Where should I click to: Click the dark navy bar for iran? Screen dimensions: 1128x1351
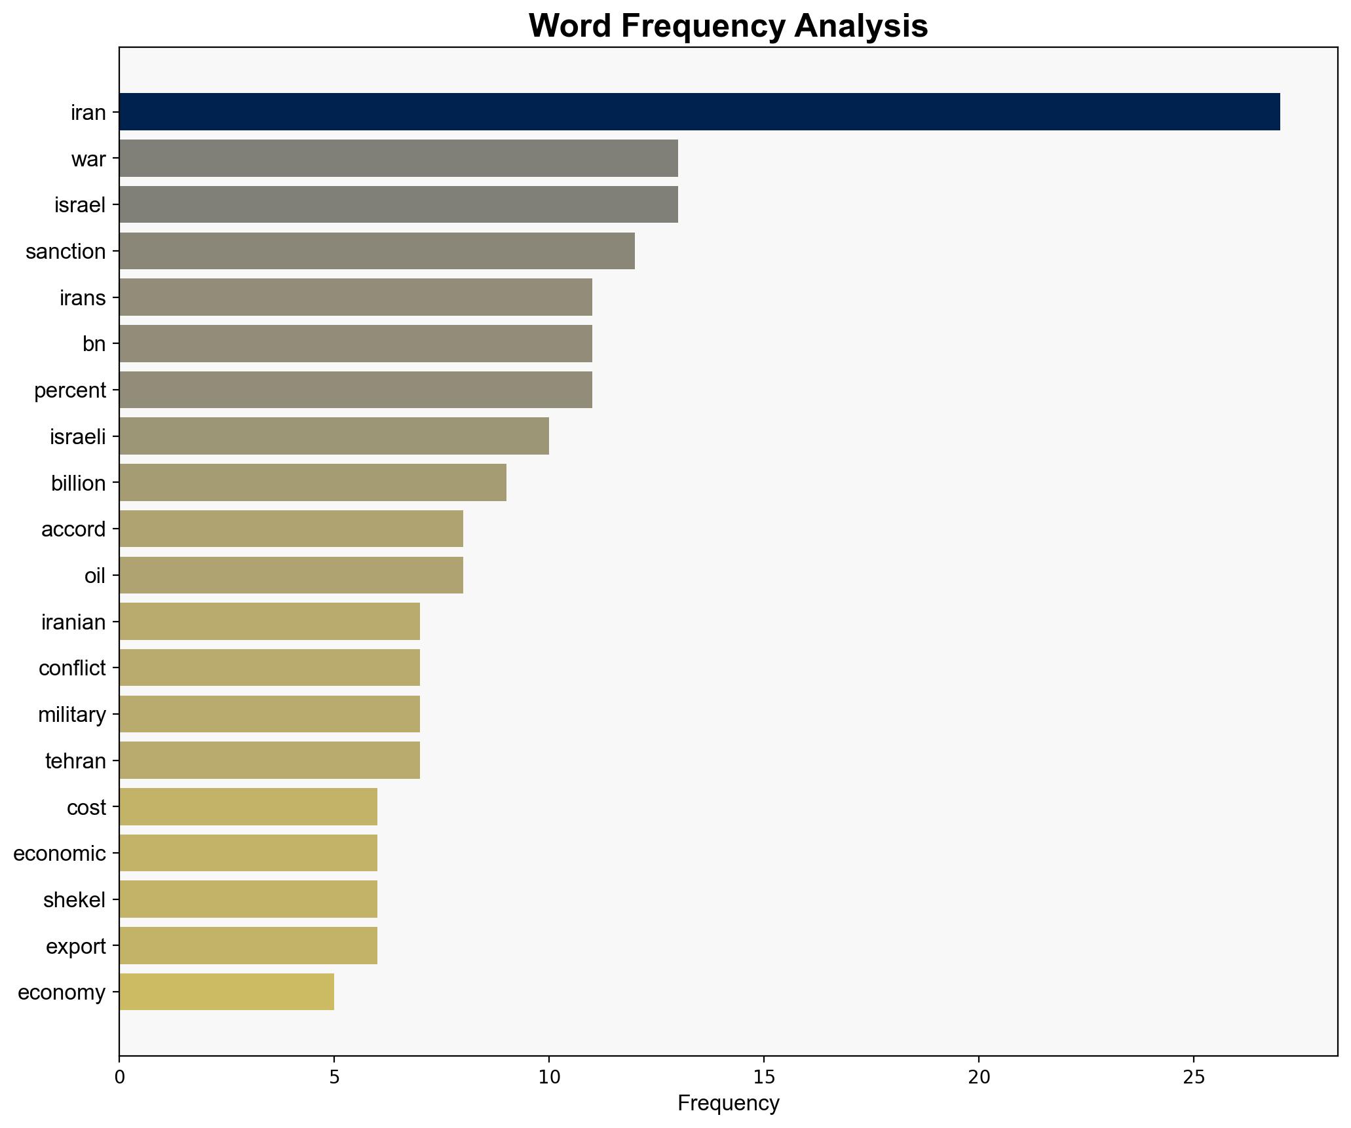(x=699, y=112)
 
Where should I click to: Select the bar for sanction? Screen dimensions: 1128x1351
(x=377, y=251)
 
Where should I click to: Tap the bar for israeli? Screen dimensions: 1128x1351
(x=334, y=436)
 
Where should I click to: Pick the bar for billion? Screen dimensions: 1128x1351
(x=313, y=483)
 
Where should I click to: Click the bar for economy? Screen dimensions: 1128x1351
(x=227, y=992)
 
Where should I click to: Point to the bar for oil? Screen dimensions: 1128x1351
(x=291, y=575)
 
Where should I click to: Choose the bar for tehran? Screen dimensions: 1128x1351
(x=269, y=761)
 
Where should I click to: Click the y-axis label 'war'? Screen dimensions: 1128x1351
(x=88, y=159)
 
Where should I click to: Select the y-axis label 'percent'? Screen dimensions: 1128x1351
(x=70, y=390)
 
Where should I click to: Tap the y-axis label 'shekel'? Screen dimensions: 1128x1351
(x=75, y=900)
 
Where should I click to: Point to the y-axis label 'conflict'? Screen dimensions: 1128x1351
(x=72, y=668)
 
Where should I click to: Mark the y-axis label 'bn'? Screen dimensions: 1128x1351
(x=94, y=344)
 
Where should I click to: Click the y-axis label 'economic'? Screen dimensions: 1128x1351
(x=60, y=854)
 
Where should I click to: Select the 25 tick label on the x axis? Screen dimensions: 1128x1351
(x=1194, y=1077)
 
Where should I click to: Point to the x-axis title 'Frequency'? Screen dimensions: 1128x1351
(x=728, y=1104)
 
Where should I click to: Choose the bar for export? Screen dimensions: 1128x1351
(x=248, y=946)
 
